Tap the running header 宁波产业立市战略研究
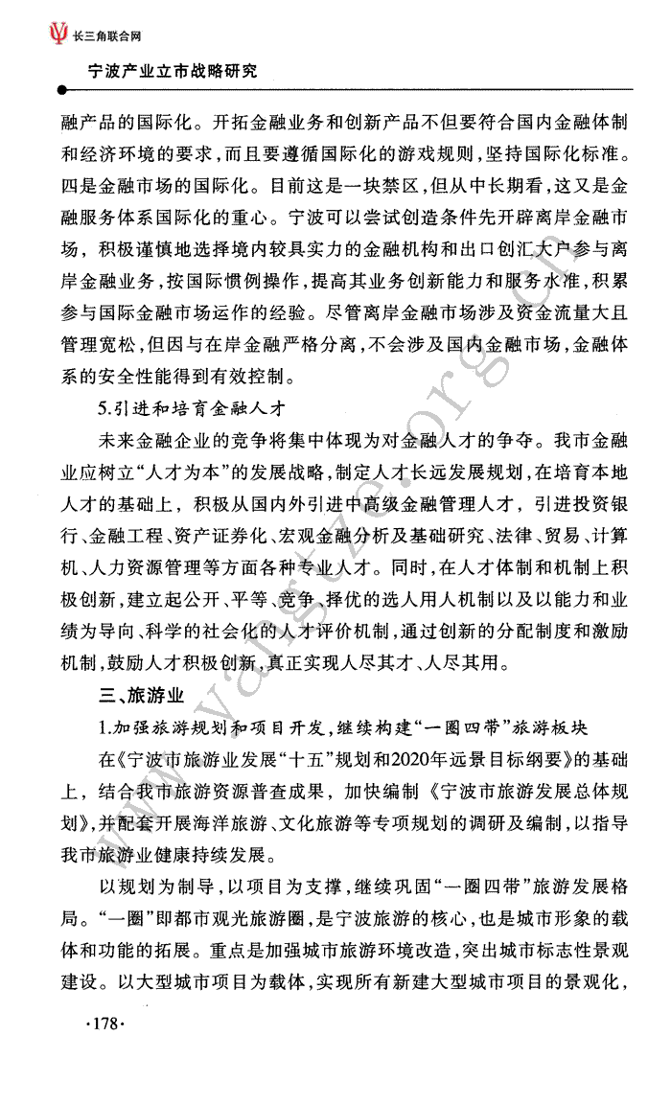coord(172,71)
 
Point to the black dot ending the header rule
coord(62,91)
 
